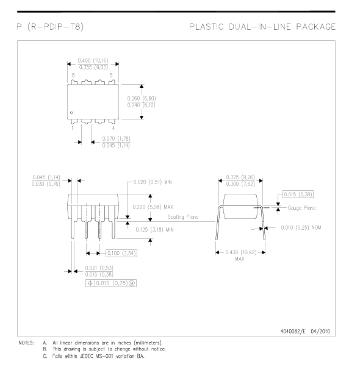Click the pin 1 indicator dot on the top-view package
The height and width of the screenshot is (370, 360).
coord(71,113)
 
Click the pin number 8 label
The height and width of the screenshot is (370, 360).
coord(73,75)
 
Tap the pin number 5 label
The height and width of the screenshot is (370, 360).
coord(111,75)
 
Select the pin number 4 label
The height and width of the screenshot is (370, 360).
coord(113,128)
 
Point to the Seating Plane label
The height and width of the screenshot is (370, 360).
coord(183,217)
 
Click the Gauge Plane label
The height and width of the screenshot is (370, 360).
coord(301,208)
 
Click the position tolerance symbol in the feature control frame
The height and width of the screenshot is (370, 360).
coord(90,283)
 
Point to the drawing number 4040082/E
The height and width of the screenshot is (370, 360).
coord(293,332)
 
